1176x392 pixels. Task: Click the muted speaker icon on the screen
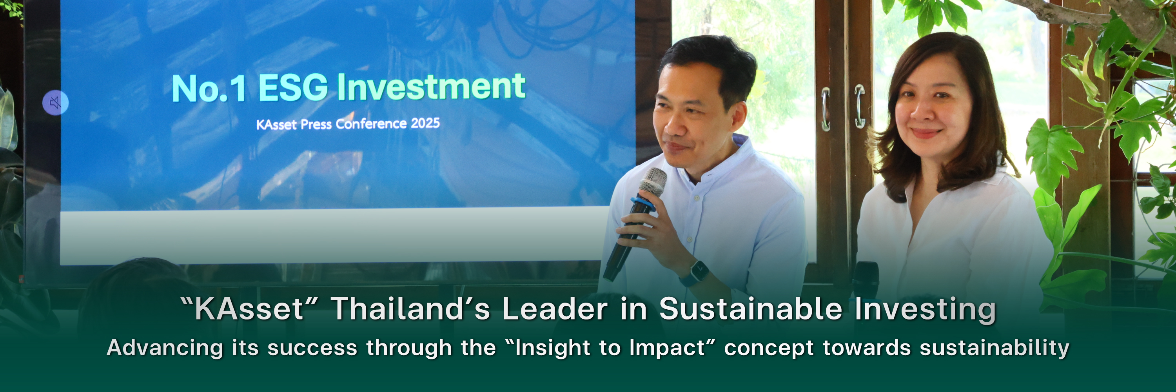pyautogui.click(x=55, y=103)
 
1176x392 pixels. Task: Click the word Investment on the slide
pyautogui.click(x=431, y=86)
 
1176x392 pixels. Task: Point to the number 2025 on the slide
pyautogui.click(x=425, y=123)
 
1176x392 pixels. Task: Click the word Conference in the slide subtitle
pyautogui.click(x=371, y=123)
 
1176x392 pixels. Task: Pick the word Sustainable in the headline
pyautogui.click(x=751, y=309)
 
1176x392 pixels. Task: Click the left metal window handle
pyautogui.click(x=826, y=109)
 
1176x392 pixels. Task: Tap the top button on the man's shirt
pyautogui.click(x=697, y=198)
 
